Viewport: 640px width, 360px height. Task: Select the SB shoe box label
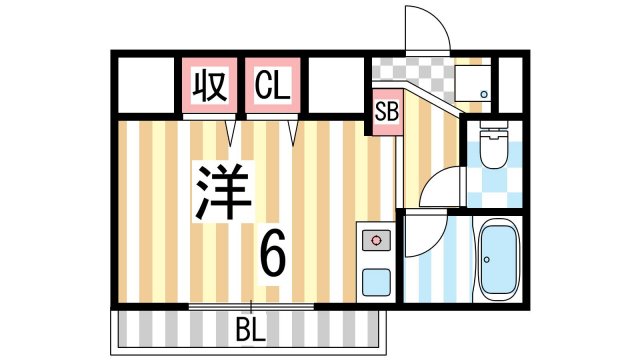pos(386,111)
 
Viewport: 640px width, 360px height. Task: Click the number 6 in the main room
pos(272,255)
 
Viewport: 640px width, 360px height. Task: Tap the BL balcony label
pos(251,329)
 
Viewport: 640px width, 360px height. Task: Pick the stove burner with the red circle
pos(376,240)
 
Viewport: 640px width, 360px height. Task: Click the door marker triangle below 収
pos(231,132)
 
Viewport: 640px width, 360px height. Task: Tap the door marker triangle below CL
pos(294,132)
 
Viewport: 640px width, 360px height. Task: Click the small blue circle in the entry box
pos(484,94)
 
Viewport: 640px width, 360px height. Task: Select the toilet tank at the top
pos(492,130)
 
